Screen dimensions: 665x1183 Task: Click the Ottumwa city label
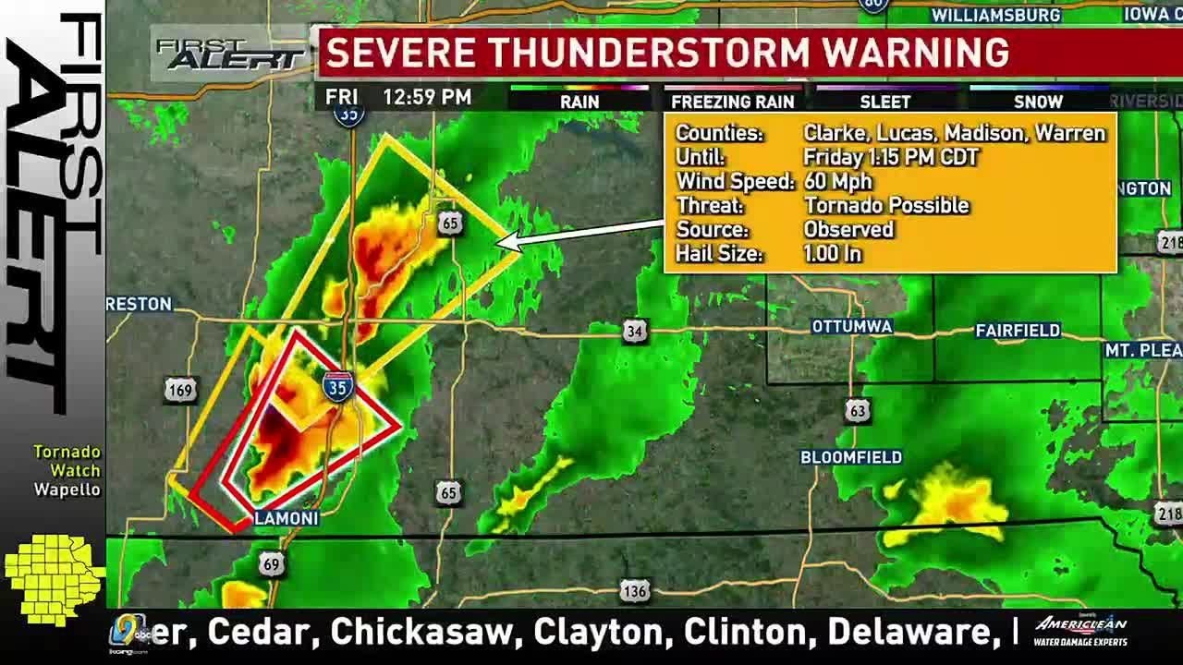tap(851, 327)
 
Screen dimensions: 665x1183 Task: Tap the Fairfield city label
tap(1018, 331)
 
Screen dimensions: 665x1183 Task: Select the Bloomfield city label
tap(850, 457)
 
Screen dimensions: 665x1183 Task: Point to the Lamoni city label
tap(286, 518)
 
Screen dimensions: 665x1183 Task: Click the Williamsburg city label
tap(995, 15)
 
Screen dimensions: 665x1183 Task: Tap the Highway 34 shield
tap(634, 331)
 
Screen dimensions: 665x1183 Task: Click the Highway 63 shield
tap(858, 409)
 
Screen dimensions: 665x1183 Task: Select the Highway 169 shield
tap(180, 391)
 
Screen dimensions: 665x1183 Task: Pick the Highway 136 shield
tap(634, 591)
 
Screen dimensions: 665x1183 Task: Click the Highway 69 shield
tap(271, 563)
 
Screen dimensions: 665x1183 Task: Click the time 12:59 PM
tap(427, 97)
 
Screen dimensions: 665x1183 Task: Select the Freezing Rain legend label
tap(732, 103)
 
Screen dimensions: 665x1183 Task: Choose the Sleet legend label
tap(884, 103)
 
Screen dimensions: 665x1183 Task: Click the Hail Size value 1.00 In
tap(832, 253)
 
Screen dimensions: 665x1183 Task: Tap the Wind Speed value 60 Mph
tap(837, 181)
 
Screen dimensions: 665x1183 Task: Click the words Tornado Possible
tap(886, 205)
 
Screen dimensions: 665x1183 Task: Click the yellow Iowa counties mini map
tap(53, 578)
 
